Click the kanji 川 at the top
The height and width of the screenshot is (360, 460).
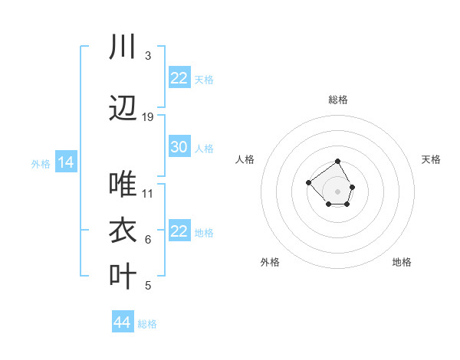coord(123,47)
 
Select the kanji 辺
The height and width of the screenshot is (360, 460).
coord(123,109)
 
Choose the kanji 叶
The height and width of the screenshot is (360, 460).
coord(123,277)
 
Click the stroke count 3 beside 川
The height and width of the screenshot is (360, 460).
coord(148,56)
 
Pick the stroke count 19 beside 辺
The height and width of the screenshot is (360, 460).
coord(148,117)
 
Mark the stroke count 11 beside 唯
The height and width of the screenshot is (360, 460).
coord(148,193)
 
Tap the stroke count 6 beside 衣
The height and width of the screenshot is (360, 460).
coord(148,240)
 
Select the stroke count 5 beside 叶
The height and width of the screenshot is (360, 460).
coord(148,286)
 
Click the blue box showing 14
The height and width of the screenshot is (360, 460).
coord(65,162)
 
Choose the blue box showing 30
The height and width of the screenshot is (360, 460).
coord(179,147)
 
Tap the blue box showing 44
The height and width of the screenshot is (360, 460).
coord(122,322)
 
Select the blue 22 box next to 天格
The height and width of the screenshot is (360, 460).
coord(179,78)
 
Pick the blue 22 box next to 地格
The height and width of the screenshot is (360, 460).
coord(179,231)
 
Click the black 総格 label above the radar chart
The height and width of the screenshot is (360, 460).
coord(338,100)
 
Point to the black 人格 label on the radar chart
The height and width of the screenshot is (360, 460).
coord(245,159)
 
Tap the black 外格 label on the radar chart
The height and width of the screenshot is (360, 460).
coord(270,262)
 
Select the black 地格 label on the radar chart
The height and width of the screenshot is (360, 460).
coord(402,262)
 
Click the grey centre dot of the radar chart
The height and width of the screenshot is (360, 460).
coord(337,191)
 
